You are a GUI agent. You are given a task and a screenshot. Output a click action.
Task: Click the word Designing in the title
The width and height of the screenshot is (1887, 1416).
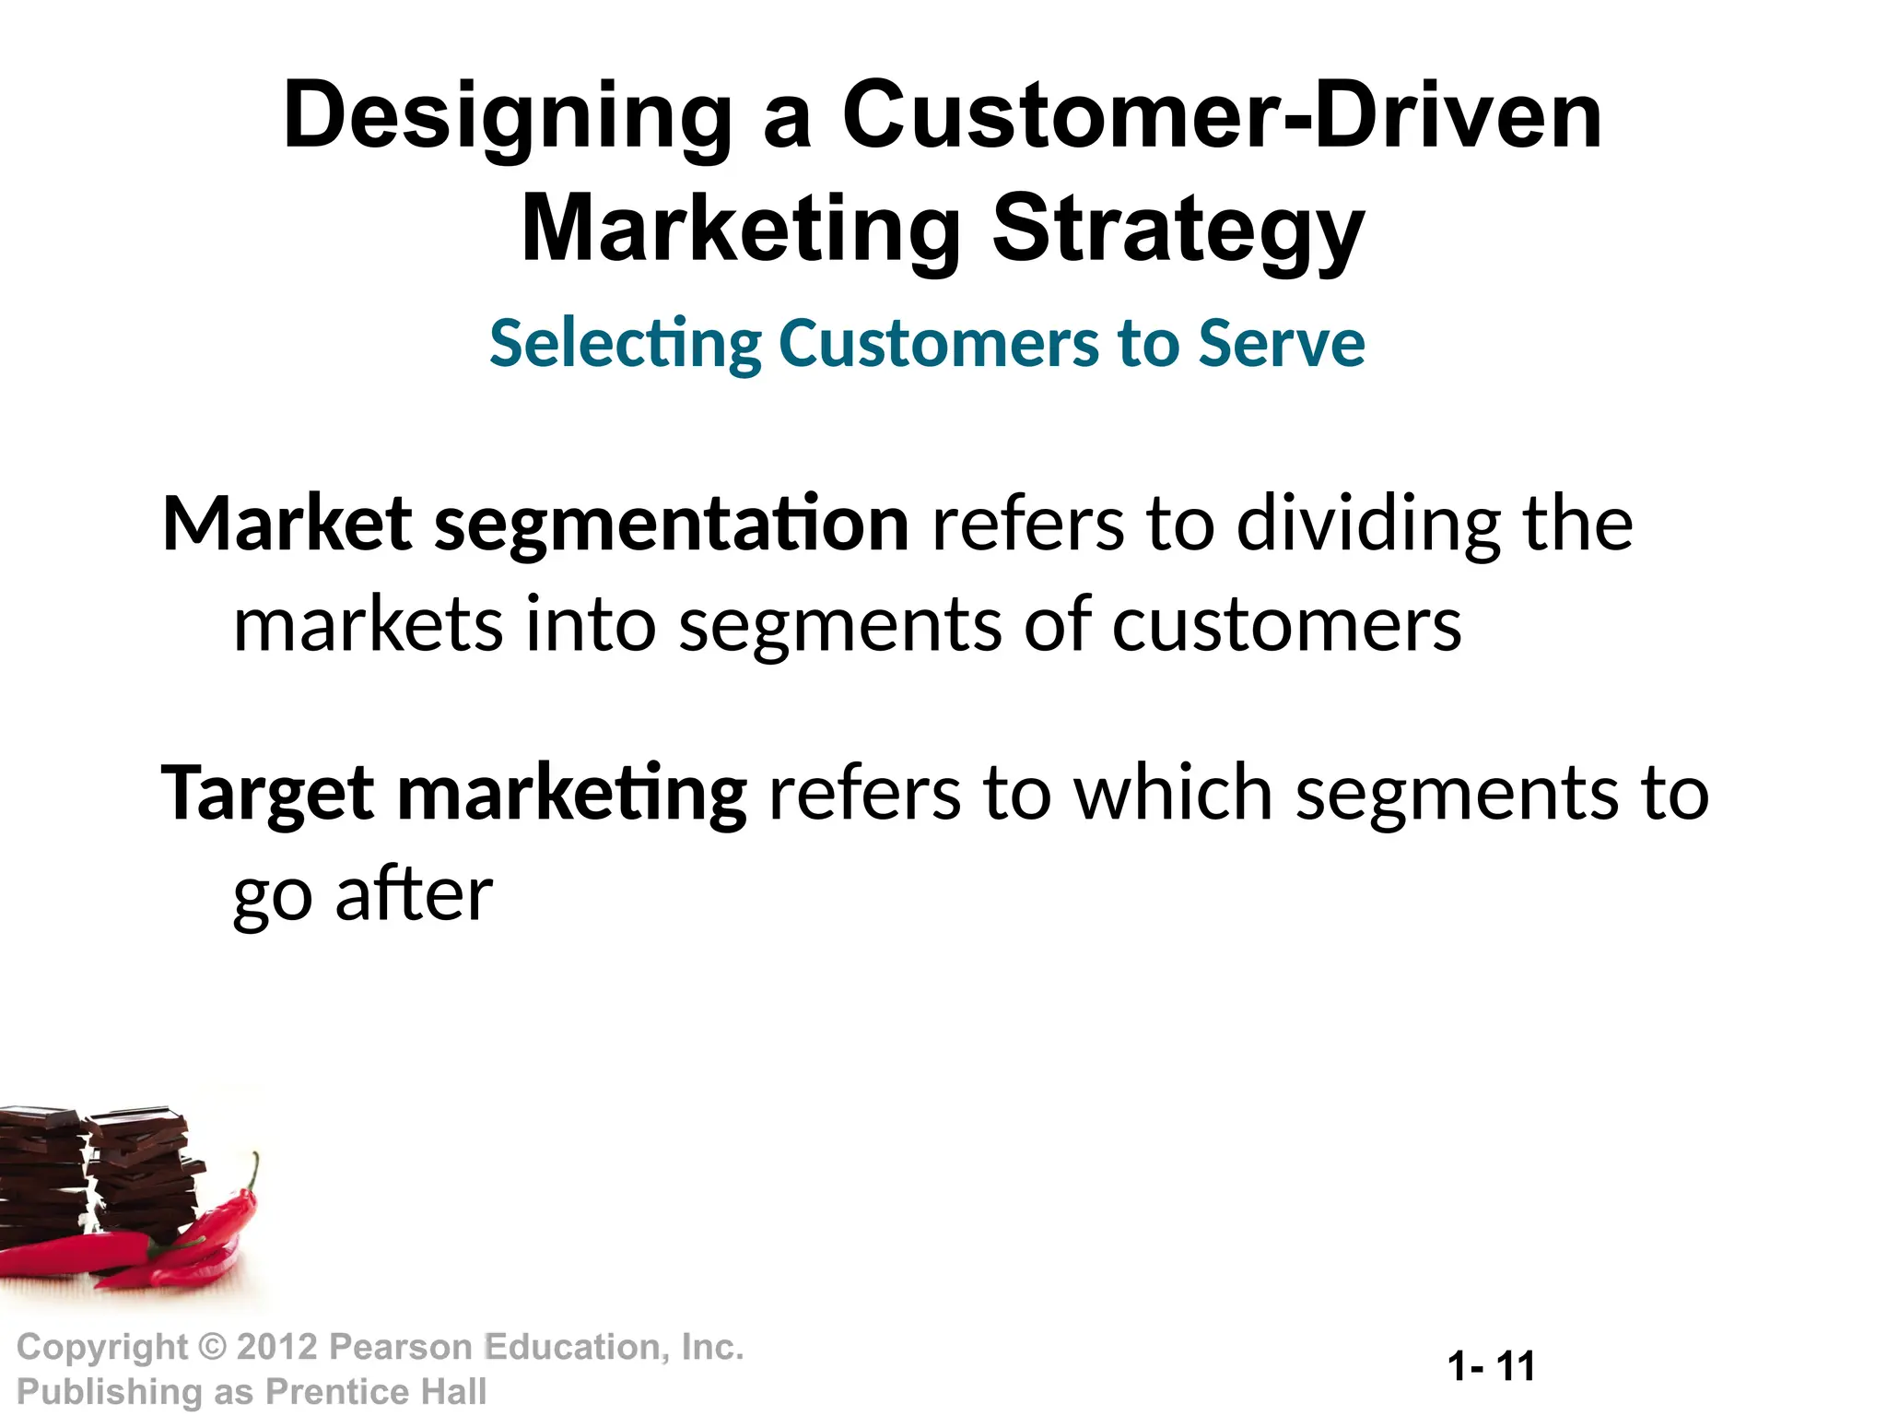tap(508, 118)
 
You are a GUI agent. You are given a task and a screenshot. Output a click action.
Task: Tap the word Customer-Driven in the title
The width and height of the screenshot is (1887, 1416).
tap(1222, 116)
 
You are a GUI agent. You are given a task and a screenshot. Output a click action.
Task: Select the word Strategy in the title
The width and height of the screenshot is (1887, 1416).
tap(1178, 230)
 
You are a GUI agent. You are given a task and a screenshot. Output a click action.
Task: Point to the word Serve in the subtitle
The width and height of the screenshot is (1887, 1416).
tap(1281, 343)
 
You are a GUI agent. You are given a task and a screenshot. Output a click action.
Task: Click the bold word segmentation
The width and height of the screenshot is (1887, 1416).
tap(672, 525)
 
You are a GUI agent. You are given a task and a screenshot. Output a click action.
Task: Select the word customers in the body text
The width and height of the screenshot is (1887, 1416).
tap(1286, 625)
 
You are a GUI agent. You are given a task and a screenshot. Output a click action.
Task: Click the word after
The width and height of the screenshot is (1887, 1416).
tap(414, 894)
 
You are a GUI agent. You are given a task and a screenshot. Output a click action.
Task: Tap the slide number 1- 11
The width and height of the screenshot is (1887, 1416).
tap(1491, 1365)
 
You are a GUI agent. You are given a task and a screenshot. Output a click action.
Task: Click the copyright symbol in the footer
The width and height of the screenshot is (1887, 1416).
tap(213, 1347)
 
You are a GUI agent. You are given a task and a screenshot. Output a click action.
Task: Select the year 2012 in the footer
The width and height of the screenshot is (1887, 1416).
tap(276, 1347)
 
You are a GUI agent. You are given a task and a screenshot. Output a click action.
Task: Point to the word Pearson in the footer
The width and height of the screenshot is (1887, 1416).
tap(401, 1347)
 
